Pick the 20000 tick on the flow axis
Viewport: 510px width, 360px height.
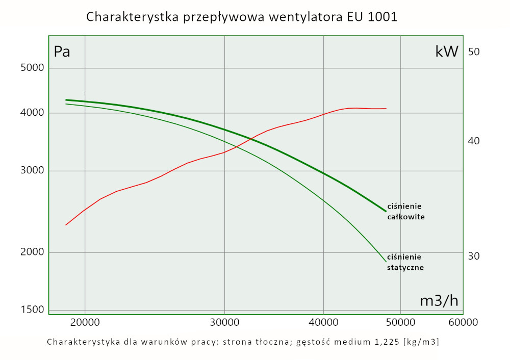85,322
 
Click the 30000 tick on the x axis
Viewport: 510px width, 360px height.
224,322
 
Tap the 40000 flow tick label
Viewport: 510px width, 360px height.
323,322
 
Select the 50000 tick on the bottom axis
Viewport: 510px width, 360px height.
400,322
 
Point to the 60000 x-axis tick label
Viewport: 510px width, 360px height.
463,322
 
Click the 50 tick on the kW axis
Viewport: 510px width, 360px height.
474,52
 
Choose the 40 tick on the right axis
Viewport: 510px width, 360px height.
474,141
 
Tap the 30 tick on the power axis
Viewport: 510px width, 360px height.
474,256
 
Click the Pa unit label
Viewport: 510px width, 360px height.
62,52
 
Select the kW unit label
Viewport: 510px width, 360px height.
447,52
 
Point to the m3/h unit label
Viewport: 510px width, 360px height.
439,301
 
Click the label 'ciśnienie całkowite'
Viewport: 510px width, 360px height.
406,212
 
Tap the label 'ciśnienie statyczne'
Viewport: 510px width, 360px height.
405,262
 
